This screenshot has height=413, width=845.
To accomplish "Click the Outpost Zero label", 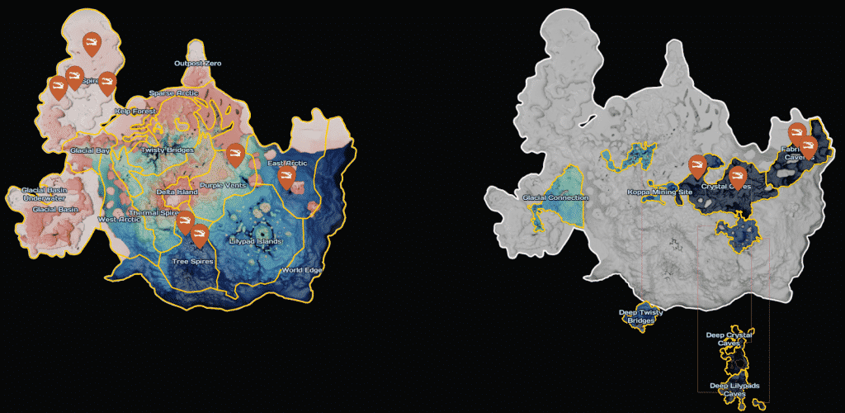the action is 198,64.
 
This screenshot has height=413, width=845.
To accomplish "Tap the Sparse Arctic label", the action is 173,93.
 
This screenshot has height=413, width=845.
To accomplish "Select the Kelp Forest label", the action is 135,111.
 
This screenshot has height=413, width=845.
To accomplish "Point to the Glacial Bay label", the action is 90,150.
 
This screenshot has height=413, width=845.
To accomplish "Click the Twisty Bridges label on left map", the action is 168,150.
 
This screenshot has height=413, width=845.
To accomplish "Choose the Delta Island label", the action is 172,192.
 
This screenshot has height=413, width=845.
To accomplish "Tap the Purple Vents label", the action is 224,185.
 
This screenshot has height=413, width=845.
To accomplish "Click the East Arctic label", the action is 288,164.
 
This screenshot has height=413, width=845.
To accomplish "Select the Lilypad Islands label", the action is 256,241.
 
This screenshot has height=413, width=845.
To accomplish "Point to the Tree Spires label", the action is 192,262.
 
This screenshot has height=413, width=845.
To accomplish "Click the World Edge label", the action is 302,270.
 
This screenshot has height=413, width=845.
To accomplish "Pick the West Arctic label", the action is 119,219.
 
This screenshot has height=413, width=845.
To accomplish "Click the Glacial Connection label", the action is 556,198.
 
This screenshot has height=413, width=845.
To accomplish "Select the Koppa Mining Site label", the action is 660,192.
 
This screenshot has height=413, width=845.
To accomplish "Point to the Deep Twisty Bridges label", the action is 640,316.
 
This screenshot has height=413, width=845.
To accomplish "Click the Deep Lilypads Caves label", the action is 734,390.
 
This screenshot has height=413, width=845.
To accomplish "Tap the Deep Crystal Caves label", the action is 729,339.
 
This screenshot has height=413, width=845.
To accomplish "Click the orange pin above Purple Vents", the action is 235,154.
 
